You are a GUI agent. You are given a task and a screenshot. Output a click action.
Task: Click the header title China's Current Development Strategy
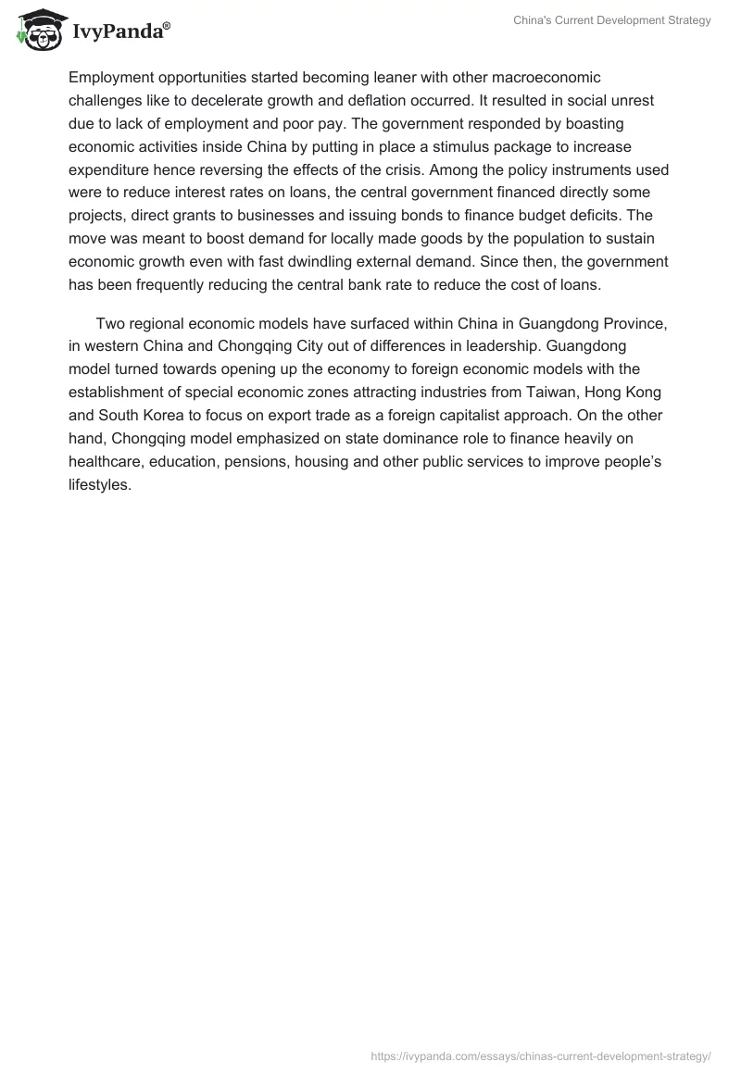(x=612, y=20)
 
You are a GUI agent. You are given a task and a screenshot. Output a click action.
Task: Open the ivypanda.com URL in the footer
(x=541, y=1055)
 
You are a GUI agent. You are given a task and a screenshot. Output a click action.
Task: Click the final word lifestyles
(x=100, y=485)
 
